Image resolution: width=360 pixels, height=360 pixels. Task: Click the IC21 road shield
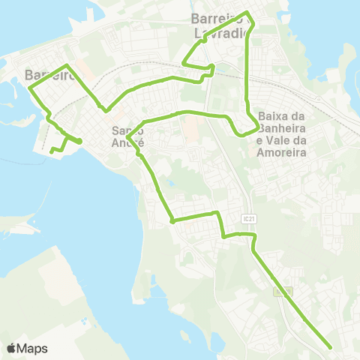250,217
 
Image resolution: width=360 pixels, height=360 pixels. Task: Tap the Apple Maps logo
11,348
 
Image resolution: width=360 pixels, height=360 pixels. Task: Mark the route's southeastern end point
331,346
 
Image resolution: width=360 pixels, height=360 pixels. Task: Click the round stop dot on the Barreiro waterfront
79,140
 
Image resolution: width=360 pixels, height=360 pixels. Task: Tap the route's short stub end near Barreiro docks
51,152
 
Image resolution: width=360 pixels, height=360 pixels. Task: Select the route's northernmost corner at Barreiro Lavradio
248,13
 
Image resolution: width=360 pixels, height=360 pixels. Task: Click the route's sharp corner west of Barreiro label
30,88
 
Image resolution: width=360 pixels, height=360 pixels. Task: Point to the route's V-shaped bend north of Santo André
107,110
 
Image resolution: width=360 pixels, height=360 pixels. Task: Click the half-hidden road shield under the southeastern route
282,290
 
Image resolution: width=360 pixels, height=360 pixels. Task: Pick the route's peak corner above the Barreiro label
68,66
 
